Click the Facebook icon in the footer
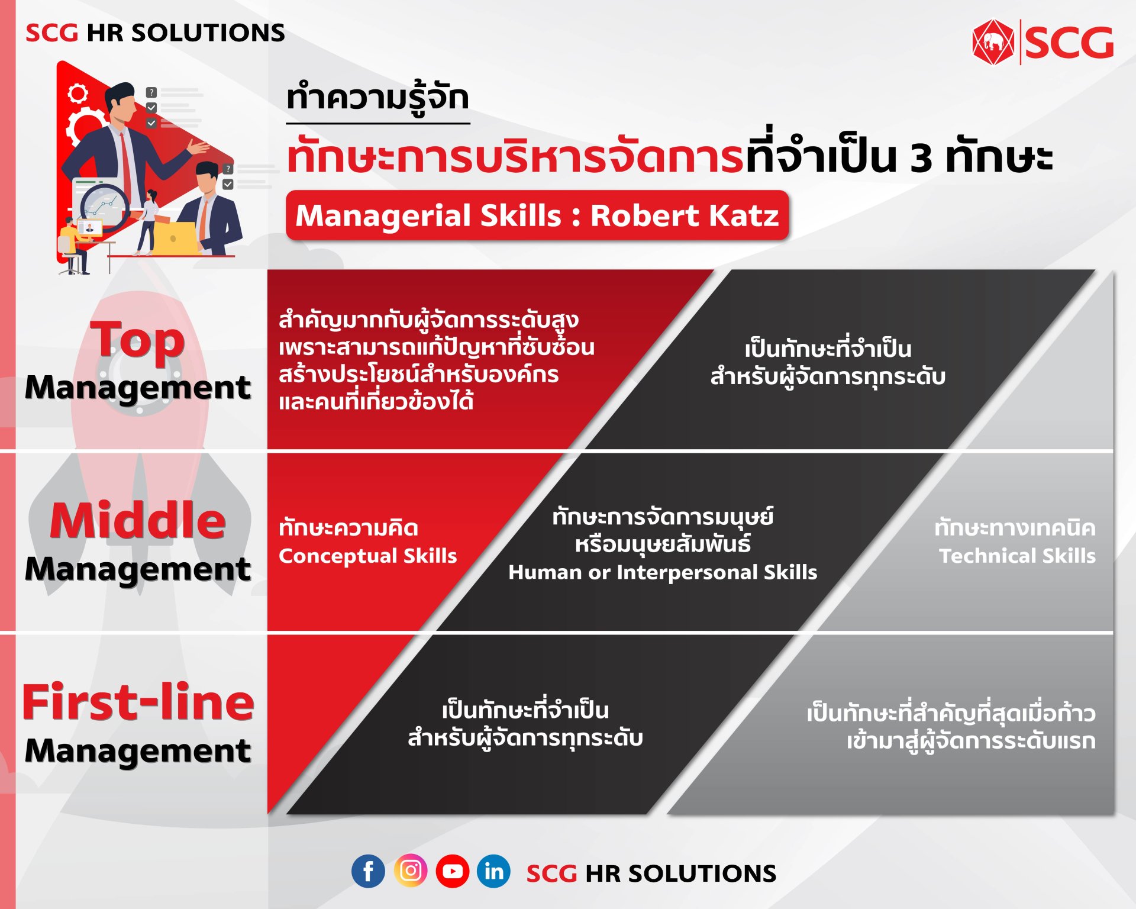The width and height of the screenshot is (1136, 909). (368, 871)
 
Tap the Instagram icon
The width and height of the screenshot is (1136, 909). (411, 871)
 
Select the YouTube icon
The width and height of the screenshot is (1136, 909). (453, 871)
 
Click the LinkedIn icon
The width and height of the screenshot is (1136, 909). (493, 871)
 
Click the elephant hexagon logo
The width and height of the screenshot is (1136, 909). (993, 42)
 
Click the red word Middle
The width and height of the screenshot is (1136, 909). (138, 520)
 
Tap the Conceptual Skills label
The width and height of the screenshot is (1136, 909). (367, 556)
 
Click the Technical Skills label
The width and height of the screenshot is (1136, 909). (1017, 556)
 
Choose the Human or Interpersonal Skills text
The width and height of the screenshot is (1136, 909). (663, 572)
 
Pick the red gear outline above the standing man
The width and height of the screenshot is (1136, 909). (78, 93)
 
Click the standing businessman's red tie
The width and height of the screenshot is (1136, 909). (125, 163)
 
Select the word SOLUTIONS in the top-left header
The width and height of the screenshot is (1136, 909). (208, 33)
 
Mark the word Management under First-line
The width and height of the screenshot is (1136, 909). (138, 751)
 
